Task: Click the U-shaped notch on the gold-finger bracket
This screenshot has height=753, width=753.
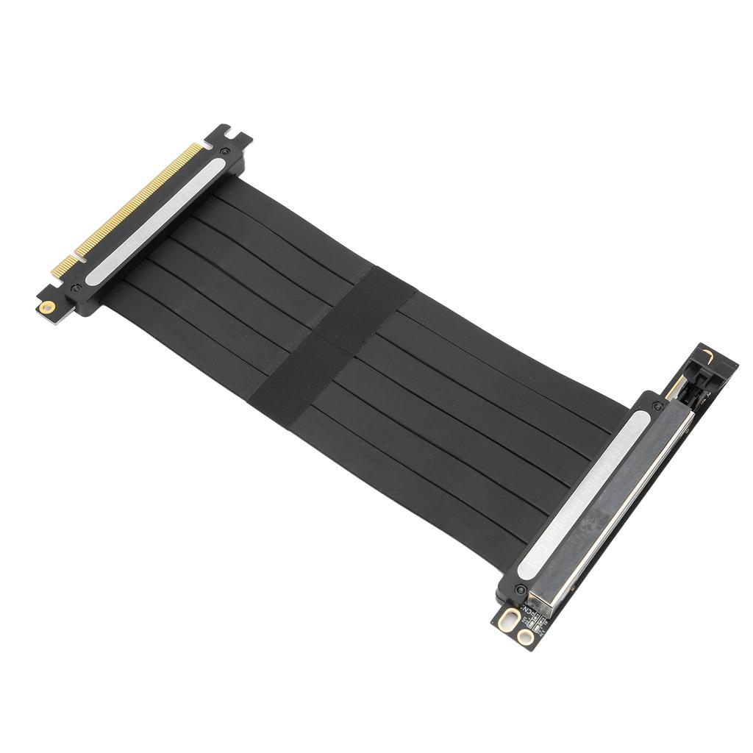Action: [229, 135]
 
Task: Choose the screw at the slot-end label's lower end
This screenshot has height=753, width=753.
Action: [521, 589]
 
